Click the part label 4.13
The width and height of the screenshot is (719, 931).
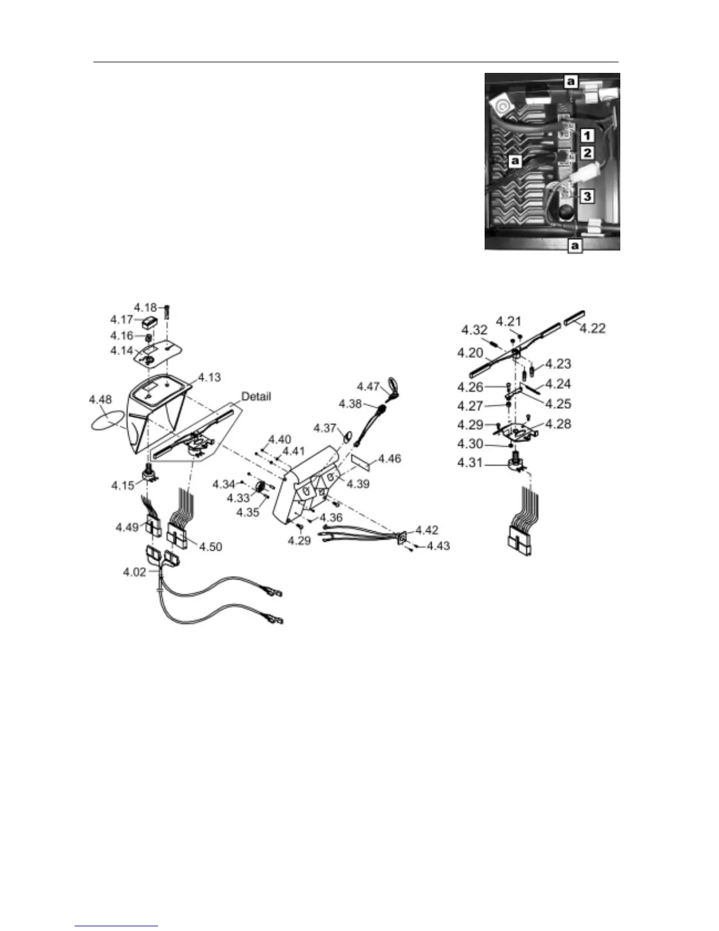pos(209,377)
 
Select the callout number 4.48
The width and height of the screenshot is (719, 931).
pos(100,400)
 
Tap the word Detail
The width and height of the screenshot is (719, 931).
pos(256,397)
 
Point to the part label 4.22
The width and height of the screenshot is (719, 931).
pos(592,328)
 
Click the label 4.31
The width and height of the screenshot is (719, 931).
pos(470,463)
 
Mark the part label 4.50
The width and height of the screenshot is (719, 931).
pos(211,547)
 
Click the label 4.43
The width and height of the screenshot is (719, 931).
pos(438,546)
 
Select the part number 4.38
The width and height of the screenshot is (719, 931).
pos(350,404)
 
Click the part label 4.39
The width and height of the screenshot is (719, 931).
pos(358,484)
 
